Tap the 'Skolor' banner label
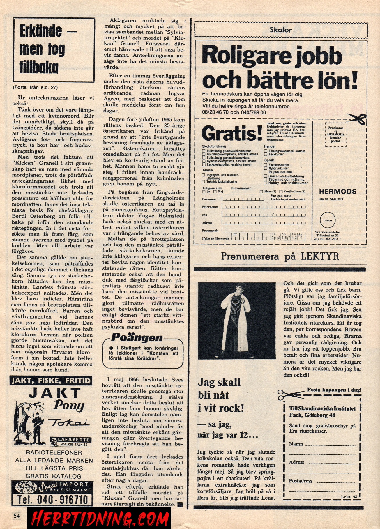click(280, 30)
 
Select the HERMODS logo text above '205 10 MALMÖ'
click(337, 192)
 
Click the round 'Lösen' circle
click(327, 220)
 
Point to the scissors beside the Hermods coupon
click(357, 118)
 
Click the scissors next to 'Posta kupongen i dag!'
click(290, 394)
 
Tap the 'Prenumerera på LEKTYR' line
click(280, 256)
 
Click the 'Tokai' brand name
click(69, 423)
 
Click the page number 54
click(16, 516)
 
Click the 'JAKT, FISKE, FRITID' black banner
click(51, 381)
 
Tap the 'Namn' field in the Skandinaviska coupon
click(322, 444)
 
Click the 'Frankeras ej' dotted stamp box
click(335, 134)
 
